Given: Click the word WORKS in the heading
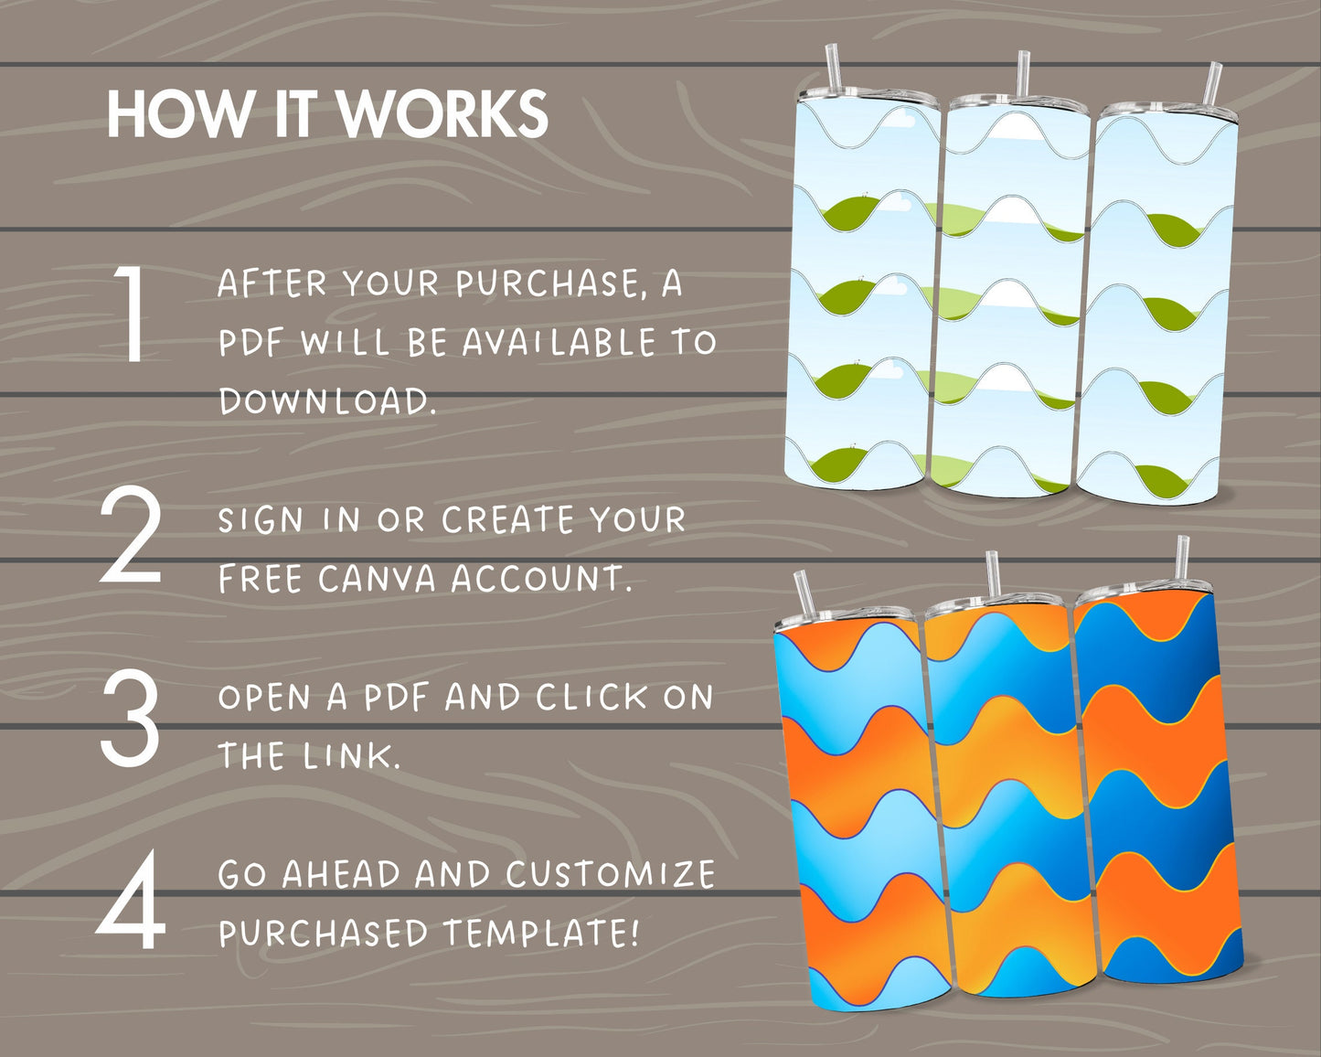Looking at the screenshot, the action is click(x=442, y=114).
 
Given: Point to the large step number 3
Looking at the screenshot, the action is click(x=130, y=718).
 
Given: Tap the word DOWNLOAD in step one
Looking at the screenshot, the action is click(x=327, y=401).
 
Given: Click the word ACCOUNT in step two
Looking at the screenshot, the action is click(x=541, y=579).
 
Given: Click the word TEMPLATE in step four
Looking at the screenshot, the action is click(x=541, y=932).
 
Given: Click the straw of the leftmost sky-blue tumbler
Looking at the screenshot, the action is click(x=833, y=68).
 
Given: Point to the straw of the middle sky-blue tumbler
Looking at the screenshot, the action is click(x=1023, y=74).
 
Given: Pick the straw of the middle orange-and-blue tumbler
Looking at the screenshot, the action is click(x=993, y=576).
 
